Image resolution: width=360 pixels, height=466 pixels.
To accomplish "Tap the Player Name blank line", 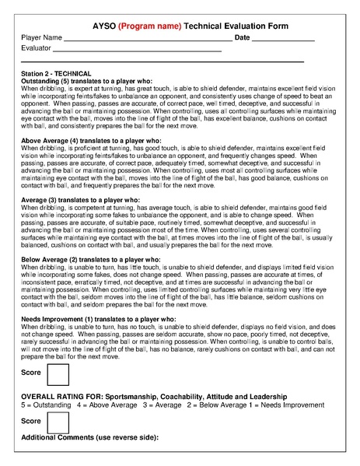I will coord(148,39).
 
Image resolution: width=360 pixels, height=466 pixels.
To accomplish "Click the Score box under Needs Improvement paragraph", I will coord(58,376).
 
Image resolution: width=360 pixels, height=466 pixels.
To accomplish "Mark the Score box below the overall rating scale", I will coord(58,422).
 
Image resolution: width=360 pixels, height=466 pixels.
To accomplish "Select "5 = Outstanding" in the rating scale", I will coord(46,405).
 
